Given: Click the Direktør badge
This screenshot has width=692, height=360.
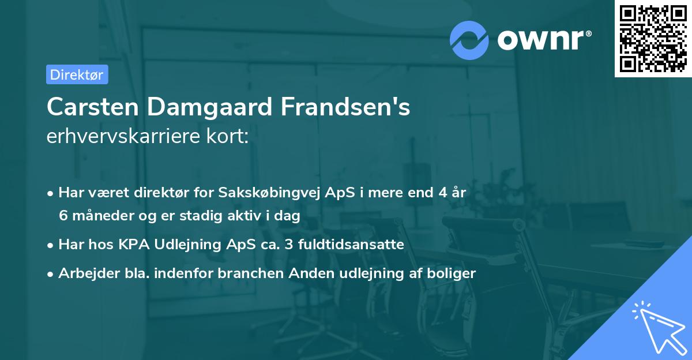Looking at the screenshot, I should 77,74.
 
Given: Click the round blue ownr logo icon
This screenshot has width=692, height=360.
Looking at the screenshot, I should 469,40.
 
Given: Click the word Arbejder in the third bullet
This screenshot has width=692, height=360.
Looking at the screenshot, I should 84,273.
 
